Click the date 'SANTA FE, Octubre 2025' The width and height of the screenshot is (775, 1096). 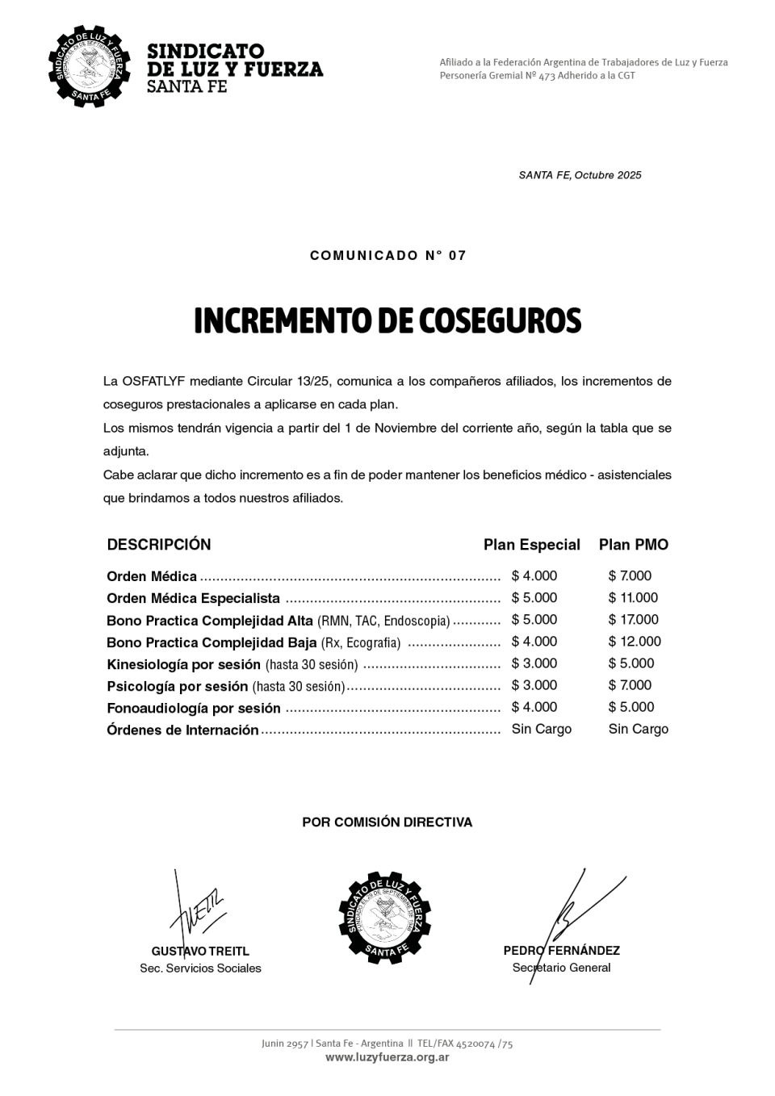[x=580, y=175]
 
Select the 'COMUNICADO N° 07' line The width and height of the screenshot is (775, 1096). [x=388, y=256]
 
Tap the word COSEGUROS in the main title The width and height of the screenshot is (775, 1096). [x=500, y=321]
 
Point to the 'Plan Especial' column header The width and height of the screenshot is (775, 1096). [x=531, y=545]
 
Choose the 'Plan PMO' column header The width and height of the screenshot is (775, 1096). [x=633, y=545]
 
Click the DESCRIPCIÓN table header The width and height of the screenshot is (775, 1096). [x=159, y=545]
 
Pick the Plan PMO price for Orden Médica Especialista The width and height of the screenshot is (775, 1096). [x=633, y=598]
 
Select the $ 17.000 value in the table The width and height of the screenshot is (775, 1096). [x=633, y=620]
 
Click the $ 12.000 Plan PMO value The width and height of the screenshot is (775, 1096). [x=635, y=642]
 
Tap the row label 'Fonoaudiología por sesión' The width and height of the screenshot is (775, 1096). [x=194, y=709]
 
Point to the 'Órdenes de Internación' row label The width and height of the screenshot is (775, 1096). [x=182, y=730]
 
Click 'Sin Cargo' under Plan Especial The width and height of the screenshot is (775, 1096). [x=541, y=729]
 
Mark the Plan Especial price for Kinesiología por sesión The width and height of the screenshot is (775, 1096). [x=534, y=663]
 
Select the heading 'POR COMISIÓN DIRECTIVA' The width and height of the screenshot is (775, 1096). [x=387, y=822]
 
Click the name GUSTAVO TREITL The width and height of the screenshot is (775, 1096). [x=200, y=951]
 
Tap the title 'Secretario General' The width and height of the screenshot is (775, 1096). [x=561, y=968]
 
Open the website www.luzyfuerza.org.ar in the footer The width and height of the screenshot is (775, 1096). [x=387, y=1057]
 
